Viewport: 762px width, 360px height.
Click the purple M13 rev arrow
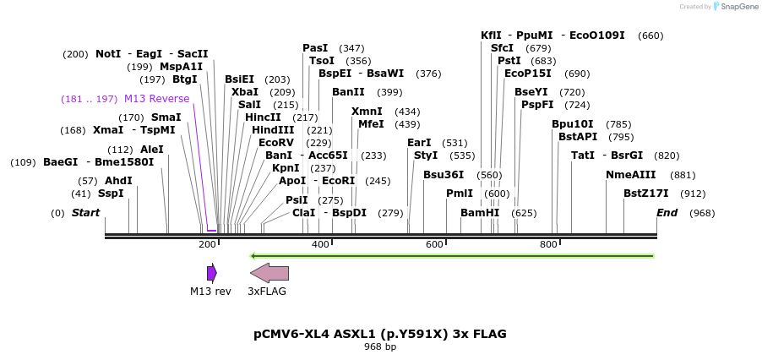click(211, 273)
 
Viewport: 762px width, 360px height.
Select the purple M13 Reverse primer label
click(156, 99)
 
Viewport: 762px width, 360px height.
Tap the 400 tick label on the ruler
click(320, 245)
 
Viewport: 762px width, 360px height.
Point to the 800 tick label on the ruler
click(548, 245)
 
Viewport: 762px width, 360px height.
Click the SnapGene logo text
click(739, 7)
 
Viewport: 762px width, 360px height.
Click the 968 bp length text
click(380, 346)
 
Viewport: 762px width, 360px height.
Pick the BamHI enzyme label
click(480, 213)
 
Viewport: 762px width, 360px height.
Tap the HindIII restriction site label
click(273, 130)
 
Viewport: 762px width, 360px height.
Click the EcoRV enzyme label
click(276, 143)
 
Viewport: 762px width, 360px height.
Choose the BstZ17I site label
click(645, 194)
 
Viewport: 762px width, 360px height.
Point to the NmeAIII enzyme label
click(630, 175)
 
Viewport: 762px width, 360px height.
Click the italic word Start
click(85, 213)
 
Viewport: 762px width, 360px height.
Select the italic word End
click(667, 213)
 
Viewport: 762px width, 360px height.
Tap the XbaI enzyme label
click(245, 92)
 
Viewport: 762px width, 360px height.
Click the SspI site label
click(111, 194)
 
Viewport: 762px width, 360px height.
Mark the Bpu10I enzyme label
click(573, 124)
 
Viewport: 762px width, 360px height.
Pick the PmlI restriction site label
click(460, 194)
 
